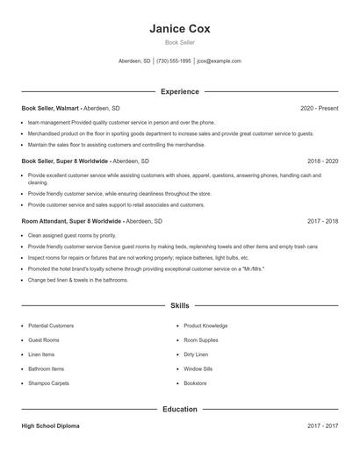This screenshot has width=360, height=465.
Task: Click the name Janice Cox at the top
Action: [180, 28]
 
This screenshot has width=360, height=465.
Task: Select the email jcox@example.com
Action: [219, 61]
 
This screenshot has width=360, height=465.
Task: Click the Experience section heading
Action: [180, 91]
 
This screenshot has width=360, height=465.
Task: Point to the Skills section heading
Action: [180, 305]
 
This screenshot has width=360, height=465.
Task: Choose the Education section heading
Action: [180, 409]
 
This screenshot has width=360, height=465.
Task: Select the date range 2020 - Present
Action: [319, 108]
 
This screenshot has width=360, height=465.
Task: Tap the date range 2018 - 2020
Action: [322, 161]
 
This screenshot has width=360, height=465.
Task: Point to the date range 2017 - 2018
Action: [322, 221]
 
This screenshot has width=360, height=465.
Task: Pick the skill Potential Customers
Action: [51, 325]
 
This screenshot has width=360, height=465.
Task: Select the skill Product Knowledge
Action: [205, 325]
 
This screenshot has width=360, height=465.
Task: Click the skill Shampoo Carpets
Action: [48, 383]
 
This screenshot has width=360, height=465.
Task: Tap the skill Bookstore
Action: [195, 383]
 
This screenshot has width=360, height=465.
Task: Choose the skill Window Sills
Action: [198, 368]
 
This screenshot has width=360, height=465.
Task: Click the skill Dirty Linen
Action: [196, 354]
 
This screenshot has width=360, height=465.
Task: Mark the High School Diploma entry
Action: [51, 426]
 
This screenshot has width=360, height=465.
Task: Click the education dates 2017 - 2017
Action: [322, 426]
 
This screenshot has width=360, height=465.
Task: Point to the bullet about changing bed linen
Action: [78, 280]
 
